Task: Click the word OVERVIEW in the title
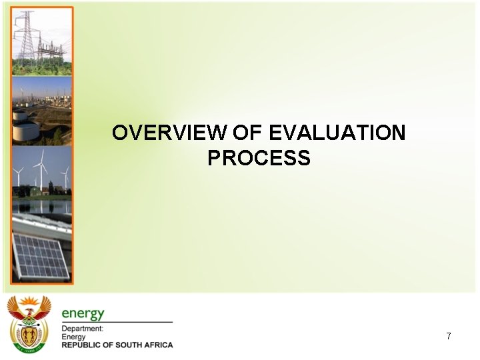[169, 133]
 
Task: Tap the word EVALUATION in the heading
[337, 133]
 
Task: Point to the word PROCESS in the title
[259, 159]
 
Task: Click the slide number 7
[449, 336]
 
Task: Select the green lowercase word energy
[83, 313]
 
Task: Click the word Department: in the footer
[82, 329]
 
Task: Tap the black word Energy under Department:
[73, 337]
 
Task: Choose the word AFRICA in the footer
[159, 345]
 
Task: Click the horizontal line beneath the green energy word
[117, 322]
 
